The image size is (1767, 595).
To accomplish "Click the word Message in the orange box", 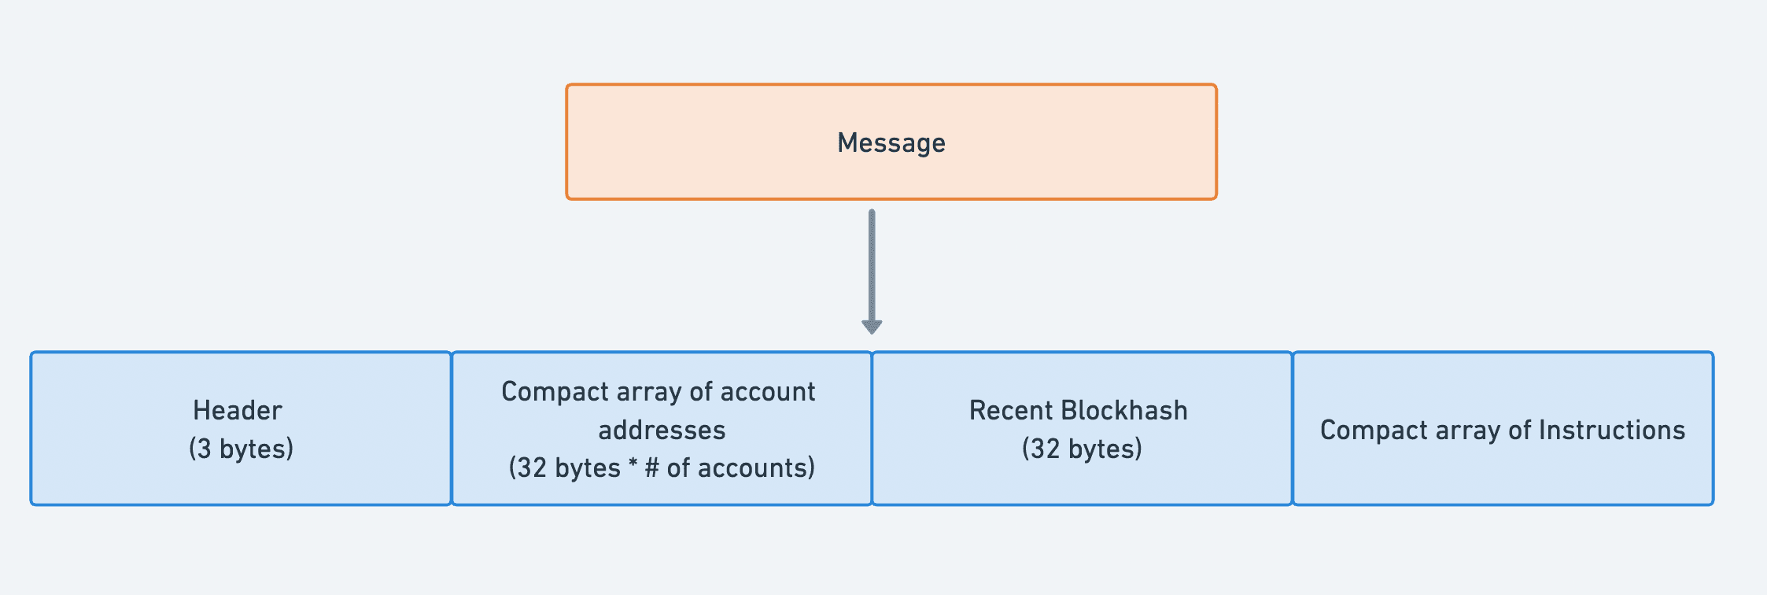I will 891,143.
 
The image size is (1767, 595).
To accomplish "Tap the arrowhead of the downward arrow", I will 872,326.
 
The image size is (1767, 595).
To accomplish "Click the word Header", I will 238,410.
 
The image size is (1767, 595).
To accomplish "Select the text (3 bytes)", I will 241,449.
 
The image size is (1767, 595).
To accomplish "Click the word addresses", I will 662,430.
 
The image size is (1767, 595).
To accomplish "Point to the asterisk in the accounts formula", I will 633,466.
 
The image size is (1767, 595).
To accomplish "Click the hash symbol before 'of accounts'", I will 651,468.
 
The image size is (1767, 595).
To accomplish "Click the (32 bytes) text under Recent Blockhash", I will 1082,449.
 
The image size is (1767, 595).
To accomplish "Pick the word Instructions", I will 1611,430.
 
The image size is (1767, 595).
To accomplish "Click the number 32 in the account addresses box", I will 532,468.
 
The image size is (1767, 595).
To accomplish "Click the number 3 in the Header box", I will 204,449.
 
